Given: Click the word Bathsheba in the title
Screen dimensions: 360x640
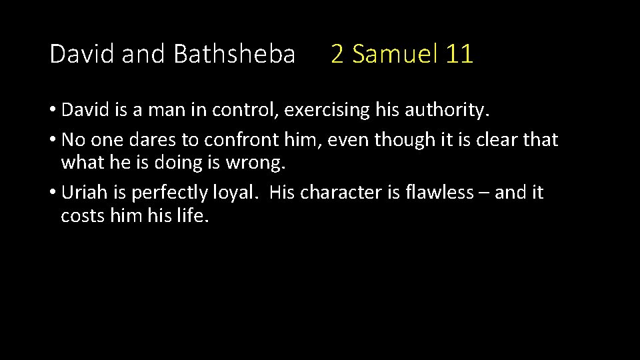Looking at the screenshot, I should point(233,54).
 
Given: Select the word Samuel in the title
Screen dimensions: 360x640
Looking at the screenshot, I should point(394,54).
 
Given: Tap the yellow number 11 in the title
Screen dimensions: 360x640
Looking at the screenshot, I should point(460,54).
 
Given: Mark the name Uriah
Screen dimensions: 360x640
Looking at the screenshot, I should point(82,193).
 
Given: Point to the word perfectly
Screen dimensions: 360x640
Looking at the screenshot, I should point(165,193).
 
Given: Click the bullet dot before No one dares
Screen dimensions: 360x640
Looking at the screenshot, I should point(53,141).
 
